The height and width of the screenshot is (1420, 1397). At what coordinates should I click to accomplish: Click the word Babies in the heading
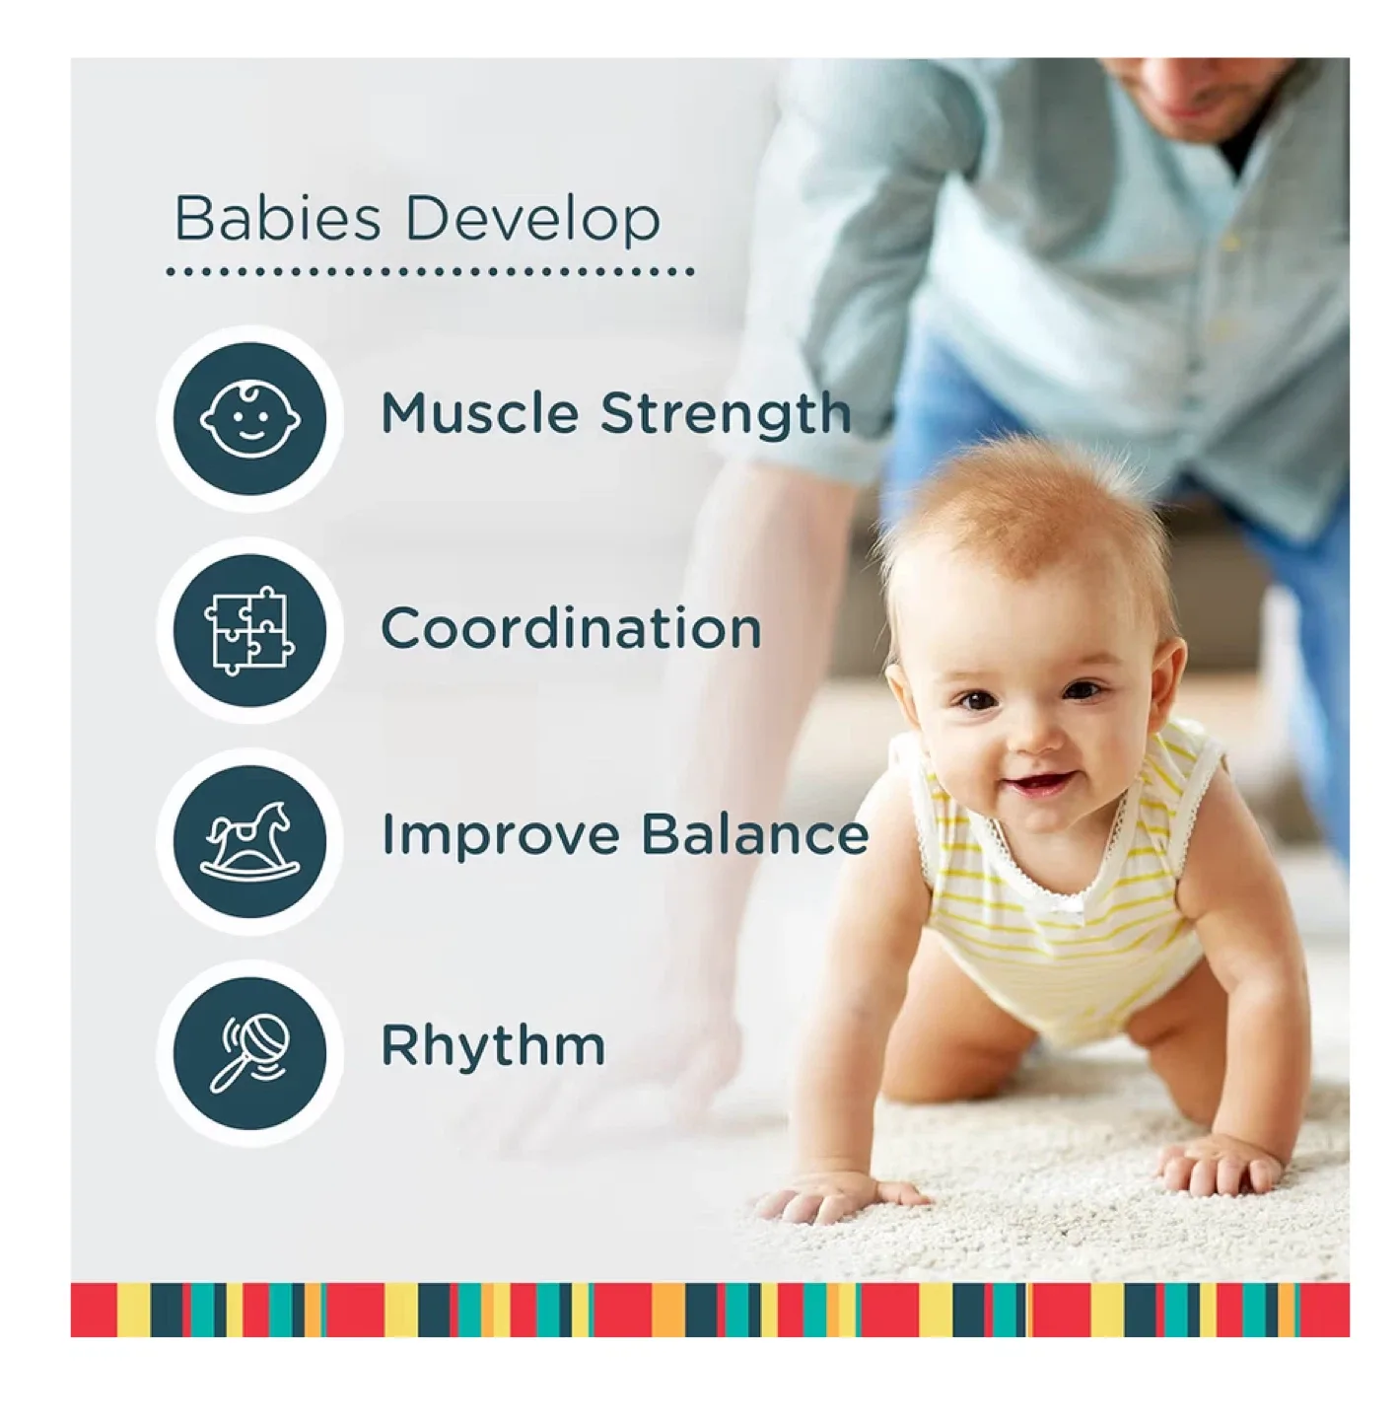[x=277, y=219]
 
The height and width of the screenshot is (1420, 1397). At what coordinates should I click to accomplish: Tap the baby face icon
[x=249, y=418]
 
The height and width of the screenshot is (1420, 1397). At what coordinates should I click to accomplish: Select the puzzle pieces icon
[x=249, y=630]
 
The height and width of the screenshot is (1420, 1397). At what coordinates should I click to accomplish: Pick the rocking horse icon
[x=249, y=841]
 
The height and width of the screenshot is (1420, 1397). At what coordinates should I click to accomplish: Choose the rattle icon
[x=249, y=1053]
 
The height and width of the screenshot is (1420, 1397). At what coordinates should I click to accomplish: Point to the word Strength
[x=726, y=415]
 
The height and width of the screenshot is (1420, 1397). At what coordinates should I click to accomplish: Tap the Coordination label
[x=571, y=628]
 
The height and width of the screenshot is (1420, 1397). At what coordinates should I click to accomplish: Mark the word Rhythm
[x=493, y=1045]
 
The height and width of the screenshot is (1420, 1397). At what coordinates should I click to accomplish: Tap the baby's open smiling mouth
[x=1038, y=785]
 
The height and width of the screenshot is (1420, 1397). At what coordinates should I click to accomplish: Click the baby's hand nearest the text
[x=838, y=1197]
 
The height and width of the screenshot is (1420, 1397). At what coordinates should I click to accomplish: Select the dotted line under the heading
[x=430, y=271]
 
